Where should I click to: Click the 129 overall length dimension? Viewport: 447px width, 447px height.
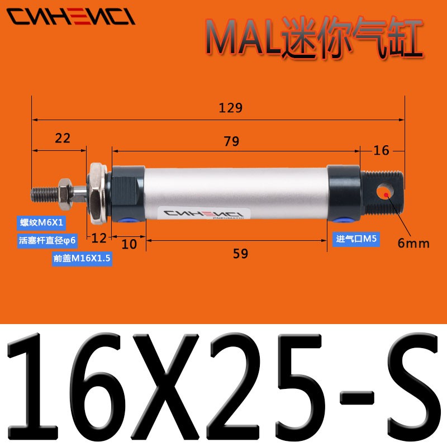231,108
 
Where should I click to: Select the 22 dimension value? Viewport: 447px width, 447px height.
63,138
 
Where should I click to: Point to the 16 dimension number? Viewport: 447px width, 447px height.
382,150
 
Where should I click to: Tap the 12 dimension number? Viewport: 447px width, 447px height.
99,239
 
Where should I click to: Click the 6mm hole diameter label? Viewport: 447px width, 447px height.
413,243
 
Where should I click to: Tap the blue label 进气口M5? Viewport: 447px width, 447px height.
356,239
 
